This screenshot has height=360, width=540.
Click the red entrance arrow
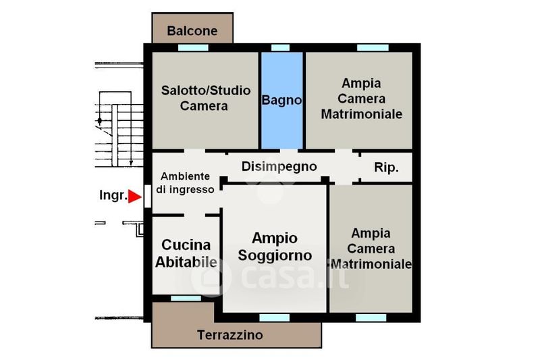pos(134,197)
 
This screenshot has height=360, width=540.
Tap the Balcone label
pos(192,30)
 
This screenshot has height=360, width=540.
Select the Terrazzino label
pos(230,334)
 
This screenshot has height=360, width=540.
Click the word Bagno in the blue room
pos(281,100)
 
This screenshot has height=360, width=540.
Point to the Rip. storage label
pos(386,168)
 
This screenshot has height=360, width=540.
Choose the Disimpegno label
pos(279,166)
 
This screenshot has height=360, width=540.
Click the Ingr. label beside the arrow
pos(113,195)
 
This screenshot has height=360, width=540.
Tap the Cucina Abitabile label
pos(186,253)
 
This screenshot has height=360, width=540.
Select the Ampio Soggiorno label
pos(275,247)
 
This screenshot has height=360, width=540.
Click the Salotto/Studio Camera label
pos(206,98)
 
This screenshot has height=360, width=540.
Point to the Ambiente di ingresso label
pos(185,183)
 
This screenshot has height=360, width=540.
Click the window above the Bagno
pos(280,47)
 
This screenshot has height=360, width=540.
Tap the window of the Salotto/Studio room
pos(193,47)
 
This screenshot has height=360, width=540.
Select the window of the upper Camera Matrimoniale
pos(373,47)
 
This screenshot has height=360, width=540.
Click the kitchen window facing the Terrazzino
pos(186,298)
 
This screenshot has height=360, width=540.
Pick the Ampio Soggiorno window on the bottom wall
pos(275,317)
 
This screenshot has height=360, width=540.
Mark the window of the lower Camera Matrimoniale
pos(371,317)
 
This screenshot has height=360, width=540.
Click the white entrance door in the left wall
pos(147,197)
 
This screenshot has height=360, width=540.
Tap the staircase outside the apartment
pos(119,129)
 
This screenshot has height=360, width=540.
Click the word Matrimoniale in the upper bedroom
pos(362,114)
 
